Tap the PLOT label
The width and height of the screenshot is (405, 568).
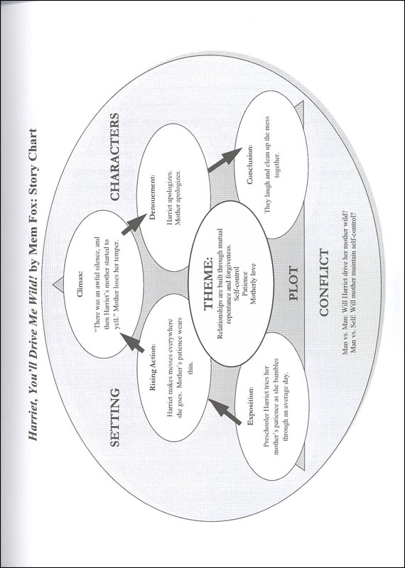(x=293, y=283)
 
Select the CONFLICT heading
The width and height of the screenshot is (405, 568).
(x=324, y=282)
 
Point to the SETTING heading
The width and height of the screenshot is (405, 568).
(x=114, y=417)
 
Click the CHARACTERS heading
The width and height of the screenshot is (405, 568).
(x=114, y=157)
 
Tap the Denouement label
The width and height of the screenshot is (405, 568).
(x=152, y=197)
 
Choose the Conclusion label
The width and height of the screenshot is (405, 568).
(x=249, y=165)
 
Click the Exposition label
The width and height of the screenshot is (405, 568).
(x=250, y=406)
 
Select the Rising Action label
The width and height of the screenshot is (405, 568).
(x=153, y=367)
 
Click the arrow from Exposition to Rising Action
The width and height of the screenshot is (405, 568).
(x=225, y=411)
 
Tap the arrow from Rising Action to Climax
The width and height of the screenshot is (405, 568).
(x=132, y=342)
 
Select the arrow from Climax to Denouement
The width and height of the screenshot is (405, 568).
(x=133, y=225)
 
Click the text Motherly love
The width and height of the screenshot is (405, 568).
(x=254, y=283)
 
